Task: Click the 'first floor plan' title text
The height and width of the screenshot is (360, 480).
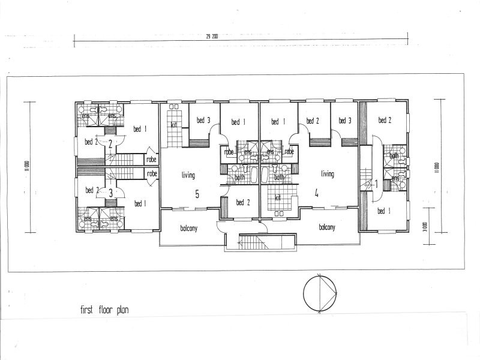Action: point(104,310)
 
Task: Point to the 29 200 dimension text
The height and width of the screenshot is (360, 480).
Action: point(211,37)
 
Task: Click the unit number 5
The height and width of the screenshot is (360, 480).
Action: point(197,194)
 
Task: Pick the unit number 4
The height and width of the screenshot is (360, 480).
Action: point(316,193)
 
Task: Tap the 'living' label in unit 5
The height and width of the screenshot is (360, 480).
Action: point(189,175)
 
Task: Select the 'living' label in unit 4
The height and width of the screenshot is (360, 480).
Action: point(327,174)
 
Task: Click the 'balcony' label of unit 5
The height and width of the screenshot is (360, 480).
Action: point(188,229)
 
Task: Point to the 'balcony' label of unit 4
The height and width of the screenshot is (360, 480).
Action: point(327,227)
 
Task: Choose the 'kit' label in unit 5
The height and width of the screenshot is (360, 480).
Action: point(173,125)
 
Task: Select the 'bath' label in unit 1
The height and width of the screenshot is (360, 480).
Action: point(394,156)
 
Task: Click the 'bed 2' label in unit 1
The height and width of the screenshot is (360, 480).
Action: point(385,121)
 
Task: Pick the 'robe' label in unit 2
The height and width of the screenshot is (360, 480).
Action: point(152,160)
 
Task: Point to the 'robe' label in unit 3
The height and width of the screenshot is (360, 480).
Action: point(152,174)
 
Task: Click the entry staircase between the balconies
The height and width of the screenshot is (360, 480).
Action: point(260,243)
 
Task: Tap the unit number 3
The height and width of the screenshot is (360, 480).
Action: point(110,193)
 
